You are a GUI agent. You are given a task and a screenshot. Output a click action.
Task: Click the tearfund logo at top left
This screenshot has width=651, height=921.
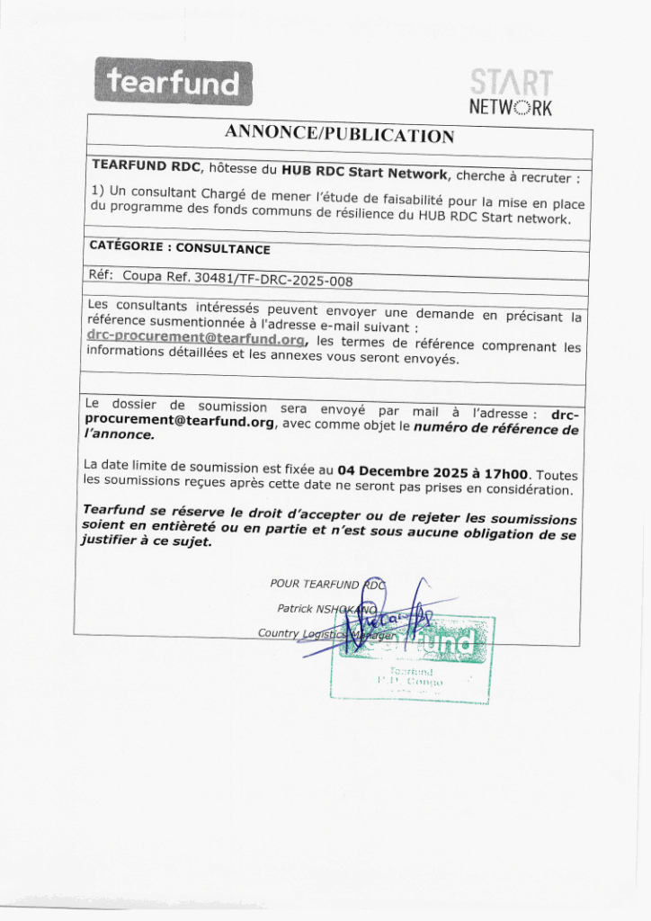[x=174, y=83]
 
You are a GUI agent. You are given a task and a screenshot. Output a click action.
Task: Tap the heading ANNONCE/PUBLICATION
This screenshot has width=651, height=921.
[x=339, y=133]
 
